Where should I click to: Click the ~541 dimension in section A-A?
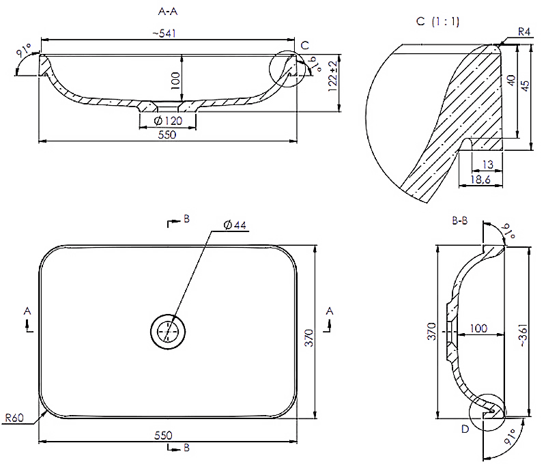point(164,33)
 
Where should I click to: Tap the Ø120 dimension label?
point(168,121)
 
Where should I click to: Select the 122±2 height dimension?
point(333,76)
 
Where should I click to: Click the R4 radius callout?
point(523,31)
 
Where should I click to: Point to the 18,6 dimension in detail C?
point(480,180)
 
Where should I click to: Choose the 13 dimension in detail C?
point(488,165)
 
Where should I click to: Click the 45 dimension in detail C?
point(525,86)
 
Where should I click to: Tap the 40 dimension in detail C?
point(511,81)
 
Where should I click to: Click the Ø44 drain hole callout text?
point(235,225)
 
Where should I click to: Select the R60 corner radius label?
point(14,417)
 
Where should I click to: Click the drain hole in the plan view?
point(168,331)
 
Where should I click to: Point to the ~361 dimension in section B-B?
point(523,335)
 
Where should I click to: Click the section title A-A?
point(168,12)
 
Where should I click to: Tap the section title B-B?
point(459,220)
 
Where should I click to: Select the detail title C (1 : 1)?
point(437,22)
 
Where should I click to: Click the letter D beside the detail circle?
point(465,429)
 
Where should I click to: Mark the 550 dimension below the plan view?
point(163,435)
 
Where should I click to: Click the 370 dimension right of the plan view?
point(309,338)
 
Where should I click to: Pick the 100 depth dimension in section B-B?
point(478,328)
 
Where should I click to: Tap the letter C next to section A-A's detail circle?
point(304,45)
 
